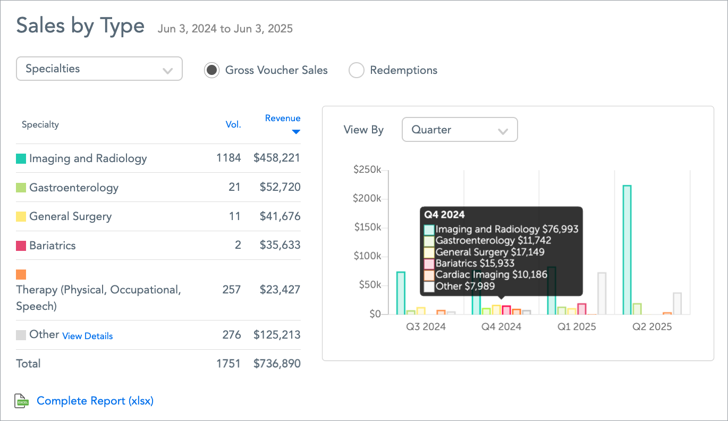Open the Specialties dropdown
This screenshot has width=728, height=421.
[99, 69]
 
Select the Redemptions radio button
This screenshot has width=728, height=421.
[356, 70]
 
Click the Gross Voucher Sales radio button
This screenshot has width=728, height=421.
[211, 70]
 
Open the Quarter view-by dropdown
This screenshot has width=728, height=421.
[460, 130]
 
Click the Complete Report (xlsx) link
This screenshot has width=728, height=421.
[95, 401]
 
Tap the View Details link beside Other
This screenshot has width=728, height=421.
[88, 336]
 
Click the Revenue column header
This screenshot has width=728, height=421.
[283, 119]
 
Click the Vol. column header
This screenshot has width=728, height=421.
[233, 125]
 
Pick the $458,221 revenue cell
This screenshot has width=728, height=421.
[277, 158]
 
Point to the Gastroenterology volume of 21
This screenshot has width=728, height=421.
[235, 187]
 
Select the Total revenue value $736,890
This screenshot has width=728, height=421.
[277, 364]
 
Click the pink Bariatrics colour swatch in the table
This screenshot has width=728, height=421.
[21, 246]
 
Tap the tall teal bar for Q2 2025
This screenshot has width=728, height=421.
[627, 250]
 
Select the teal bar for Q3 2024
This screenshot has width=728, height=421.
[401, 293]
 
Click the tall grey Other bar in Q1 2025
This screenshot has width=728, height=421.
[602, 293]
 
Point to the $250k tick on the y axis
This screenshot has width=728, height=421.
[367, 170]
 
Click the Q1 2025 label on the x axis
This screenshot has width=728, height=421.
[577, 326]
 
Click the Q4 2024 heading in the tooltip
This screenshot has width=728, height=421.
[444, 215]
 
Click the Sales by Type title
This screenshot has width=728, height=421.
[80, 26]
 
